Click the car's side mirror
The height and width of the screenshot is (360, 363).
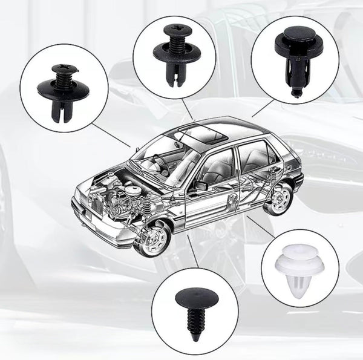pyautogui.click(x=200, y=186)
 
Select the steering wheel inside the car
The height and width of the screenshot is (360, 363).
pyautogui.click(x=161, y=162)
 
